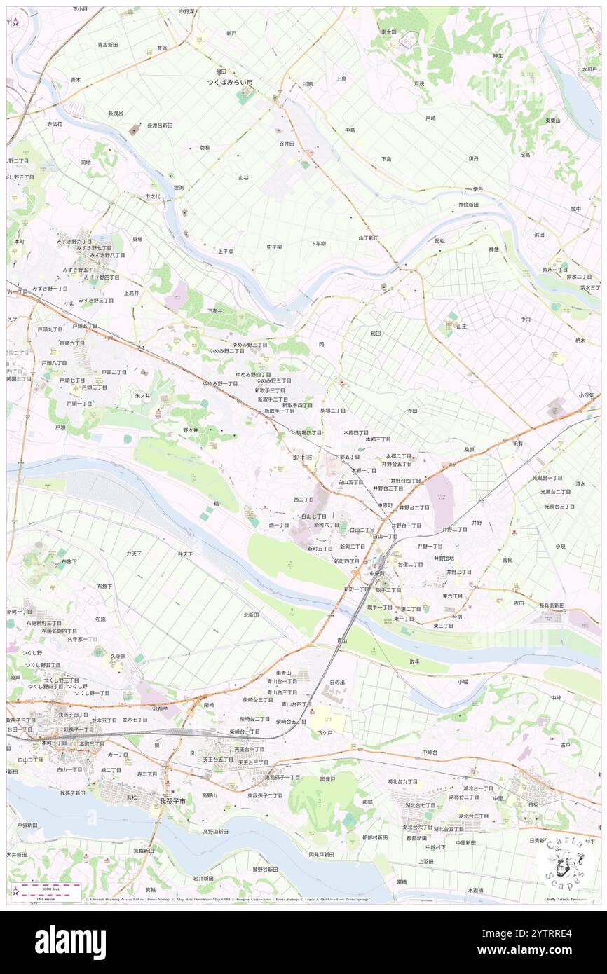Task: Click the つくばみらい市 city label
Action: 229,82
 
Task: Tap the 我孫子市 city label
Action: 172,801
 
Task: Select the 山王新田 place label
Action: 369,238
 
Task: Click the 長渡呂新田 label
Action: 160,125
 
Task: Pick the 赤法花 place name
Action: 55,124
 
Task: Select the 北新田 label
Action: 251,615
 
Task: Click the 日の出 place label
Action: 337,682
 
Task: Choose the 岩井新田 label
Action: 203,878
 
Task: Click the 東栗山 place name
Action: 553,121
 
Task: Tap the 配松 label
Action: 439,240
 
